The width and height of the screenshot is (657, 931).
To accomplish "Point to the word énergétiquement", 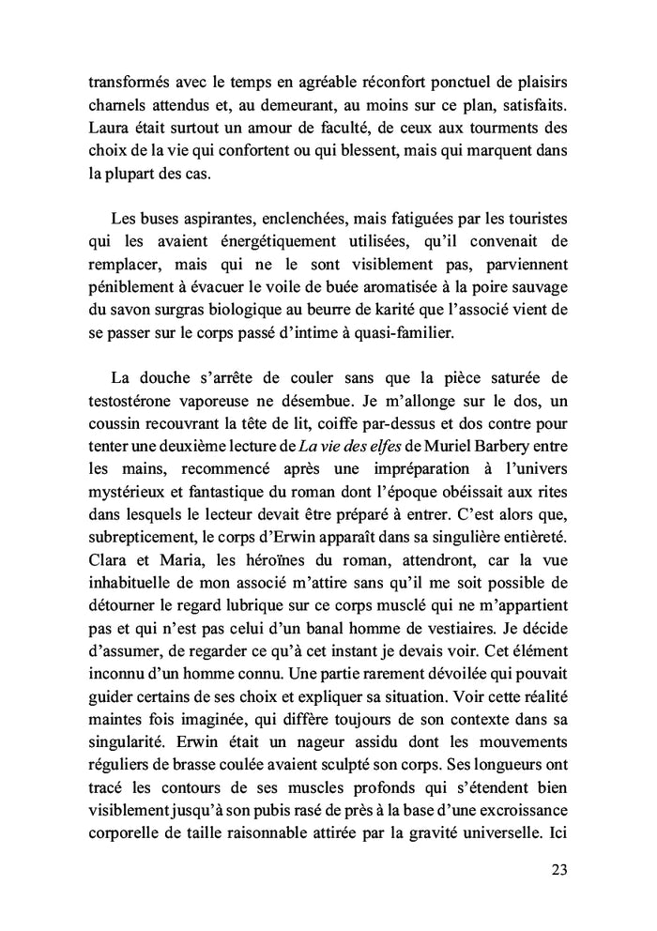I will [x=243, y=244].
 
